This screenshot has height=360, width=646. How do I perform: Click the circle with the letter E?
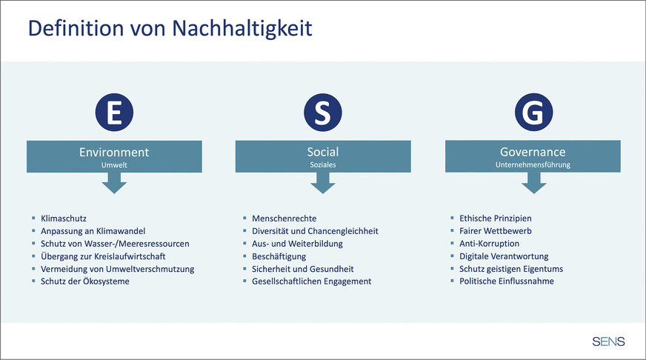click(x=114, y=112)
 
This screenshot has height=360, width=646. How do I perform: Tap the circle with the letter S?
click(x=322, y=112)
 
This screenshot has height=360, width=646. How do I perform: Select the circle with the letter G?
click(x=533, y=112)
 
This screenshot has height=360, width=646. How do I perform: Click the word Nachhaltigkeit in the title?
click(x=242, y=28)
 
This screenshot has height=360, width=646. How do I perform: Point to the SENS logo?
click(x=608, y=341)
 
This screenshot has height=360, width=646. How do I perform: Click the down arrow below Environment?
click(x=114, y=183)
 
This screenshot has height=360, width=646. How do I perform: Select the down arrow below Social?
click(x=322, y=183)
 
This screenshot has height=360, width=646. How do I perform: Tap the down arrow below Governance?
click(x=533, y=183)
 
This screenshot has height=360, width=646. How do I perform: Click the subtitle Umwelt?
click(x=114, y=165)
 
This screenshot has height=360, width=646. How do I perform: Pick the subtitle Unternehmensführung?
click(x=533, y=164)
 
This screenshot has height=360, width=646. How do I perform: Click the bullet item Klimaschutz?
click(x=64, y=219)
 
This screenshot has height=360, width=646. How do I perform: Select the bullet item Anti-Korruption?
click(x=489, y=244)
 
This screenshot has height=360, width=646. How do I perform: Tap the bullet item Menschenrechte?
click(x=284, y=219)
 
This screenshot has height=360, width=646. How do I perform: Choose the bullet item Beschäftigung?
click(x=279, y=256)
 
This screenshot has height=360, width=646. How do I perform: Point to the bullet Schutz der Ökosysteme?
click(x=85, y=281)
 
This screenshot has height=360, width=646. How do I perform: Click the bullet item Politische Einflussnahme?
click(x=507, y=281)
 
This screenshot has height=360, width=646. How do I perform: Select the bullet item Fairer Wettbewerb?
click(x=495, y=231)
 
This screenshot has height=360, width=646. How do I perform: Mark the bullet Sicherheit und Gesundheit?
click(x=303, y=269)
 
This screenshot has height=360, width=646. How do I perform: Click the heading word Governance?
click(x=533, y=152)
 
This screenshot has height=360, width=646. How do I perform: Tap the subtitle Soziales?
click(x=323, y=164)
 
